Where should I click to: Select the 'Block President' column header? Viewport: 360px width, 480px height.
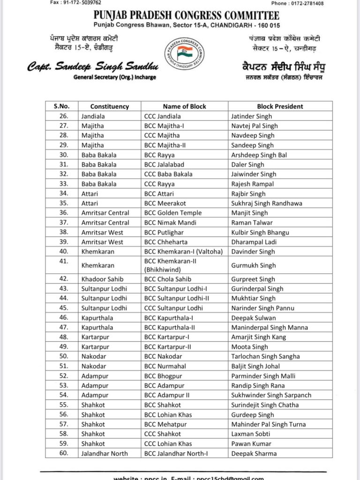[280, 106]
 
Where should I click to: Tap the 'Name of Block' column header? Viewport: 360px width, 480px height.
[184, 106]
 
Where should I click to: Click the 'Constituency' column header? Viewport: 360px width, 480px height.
[109, 106]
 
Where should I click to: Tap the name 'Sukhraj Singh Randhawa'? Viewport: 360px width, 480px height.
[267, 203]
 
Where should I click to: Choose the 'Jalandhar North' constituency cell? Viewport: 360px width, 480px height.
[105, 453]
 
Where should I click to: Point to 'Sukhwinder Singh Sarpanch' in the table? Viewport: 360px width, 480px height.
[271, 395]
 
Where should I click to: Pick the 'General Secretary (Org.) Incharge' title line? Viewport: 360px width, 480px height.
[115, 77]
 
